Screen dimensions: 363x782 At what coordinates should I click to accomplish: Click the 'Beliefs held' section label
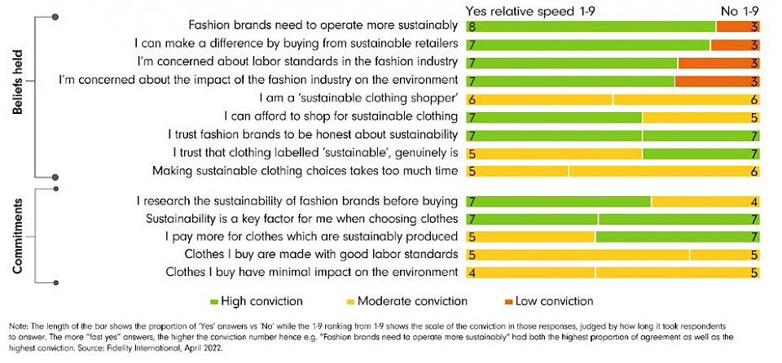coord(17,96)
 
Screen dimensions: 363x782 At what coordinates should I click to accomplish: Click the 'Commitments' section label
coord(17,237)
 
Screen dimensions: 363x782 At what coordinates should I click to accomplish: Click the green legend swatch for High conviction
coord(213,301)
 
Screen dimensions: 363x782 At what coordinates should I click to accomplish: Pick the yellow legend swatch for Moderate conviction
coord(353,301)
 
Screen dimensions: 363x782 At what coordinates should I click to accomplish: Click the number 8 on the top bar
coord(472,26)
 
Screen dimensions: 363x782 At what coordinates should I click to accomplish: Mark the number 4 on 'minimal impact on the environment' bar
coord(472,272)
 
